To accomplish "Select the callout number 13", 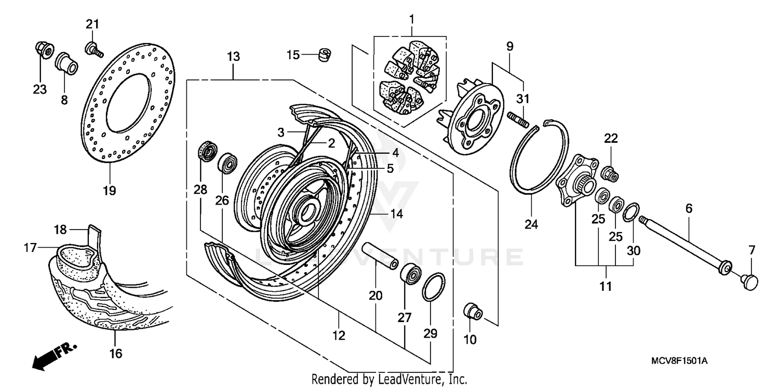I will [x=233, y=57].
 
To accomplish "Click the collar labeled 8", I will [x=66, y=62].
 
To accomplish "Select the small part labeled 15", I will [x=325, y=54].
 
